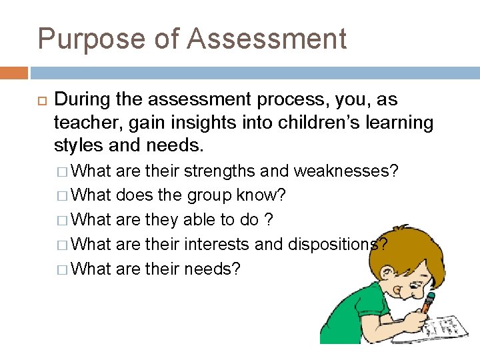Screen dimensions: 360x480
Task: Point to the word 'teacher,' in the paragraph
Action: tap(84, 123)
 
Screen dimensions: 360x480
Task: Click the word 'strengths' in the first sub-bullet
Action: tap(219, 171)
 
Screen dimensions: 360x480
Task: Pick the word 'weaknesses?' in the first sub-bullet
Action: tap(346, 171)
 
